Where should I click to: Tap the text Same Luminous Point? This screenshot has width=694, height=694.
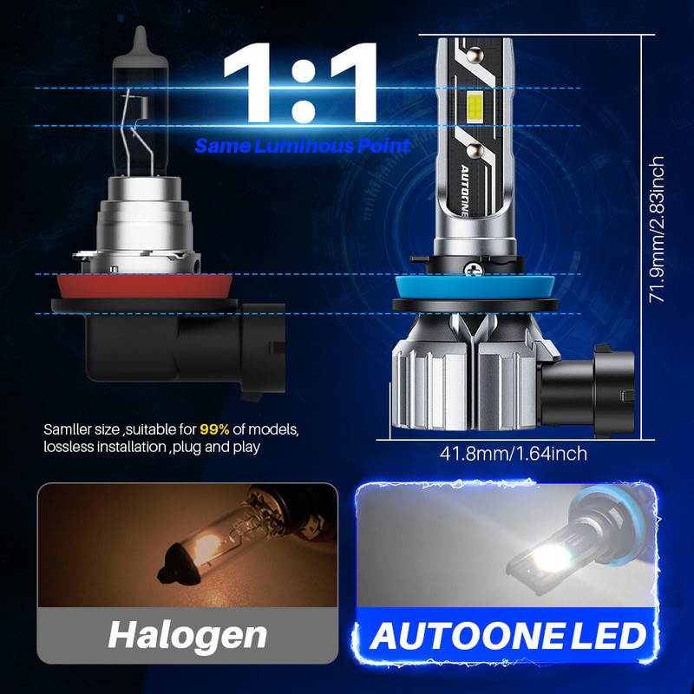coord(303,145)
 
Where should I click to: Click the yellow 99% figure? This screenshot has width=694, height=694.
coord(214,429)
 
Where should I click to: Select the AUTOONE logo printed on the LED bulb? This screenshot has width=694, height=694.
coord(468,187)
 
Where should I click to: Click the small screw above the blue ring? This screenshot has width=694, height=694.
coord(474,270)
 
